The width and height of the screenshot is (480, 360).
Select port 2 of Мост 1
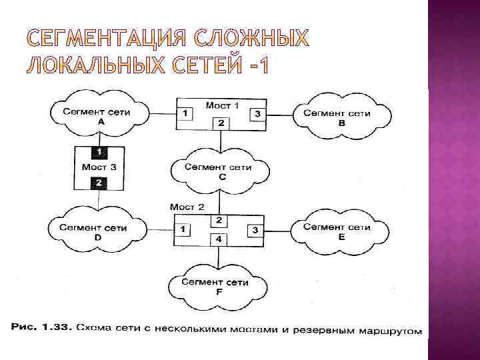220,123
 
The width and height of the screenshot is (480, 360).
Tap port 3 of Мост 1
257,115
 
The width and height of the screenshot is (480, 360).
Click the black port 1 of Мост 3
99,151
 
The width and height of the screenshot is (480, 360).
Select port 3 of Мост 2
255,230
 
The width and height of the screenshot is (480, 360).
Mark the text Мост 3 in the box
99,167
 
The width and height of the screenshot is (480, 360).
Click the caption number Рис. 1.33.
39,328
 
